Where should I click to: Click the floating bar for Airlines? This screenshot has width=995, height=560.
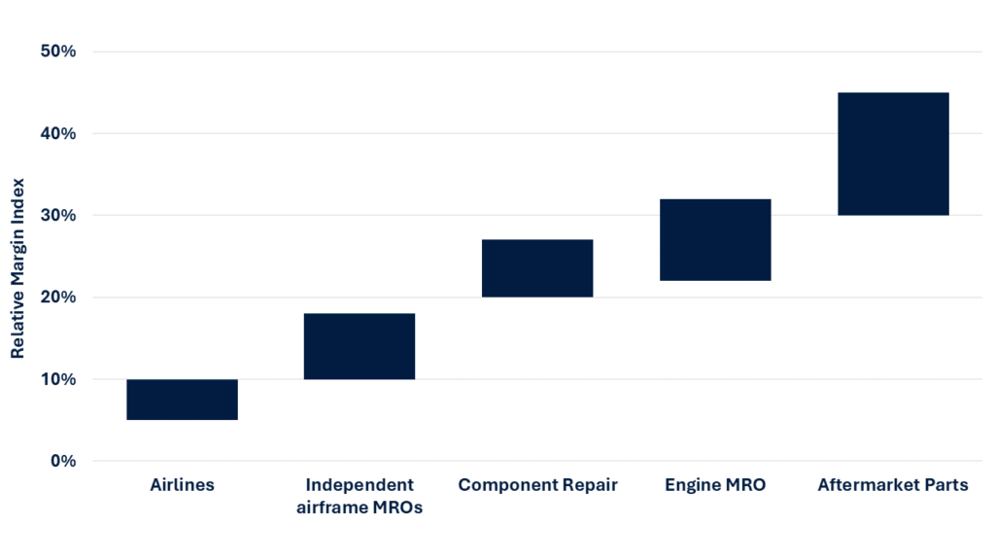coord(182,400)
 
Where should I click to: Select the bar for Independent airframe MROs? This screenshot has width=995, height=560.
coord(360,346)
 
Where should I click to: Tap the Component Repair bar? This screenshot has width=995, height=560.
coord(537,268)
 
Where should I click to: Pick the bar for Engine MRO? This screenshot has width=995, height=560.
coord(715,240)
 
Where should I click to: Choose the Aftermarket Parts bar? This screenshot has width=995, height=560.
coord(893,154)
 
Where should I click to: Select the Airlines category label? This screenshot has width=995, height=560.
coord(182,484)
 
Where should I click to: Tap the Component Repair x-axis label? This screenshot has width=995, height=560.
coord(537,484)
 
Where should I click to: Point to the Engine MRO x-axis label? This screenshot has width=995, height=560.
coord(715,484)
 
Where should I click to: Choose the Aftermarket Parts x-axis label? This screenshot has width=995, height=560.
coord(893,484)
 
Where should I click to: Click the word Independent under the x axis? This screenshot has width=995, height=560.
coord(360,484)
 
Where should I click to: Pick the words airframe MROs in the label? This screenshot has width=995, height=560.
coord(360,507)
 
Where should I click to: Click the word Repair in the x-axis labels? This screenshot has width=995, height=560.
coord(589,484)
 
